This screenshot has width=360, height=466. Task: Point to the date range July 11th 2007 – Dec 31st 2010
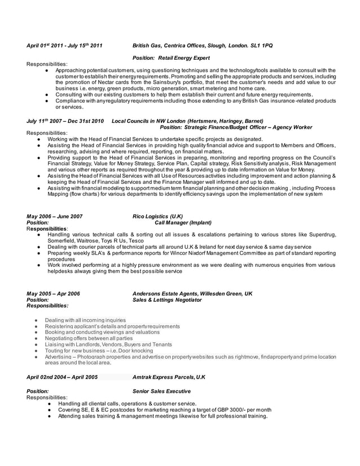(65, 121)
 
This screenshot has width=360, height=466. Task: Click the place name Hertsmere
(207, 121)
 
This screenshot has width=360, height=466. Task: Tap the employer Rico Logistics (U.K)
(157, 216)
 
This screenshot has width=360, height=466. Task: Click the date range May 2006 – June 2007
(55, 216)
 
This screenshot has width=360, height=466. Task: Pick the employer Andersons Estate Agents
(164, 293)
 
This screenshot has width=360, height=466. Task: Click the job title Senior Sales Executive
(161, 391)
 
